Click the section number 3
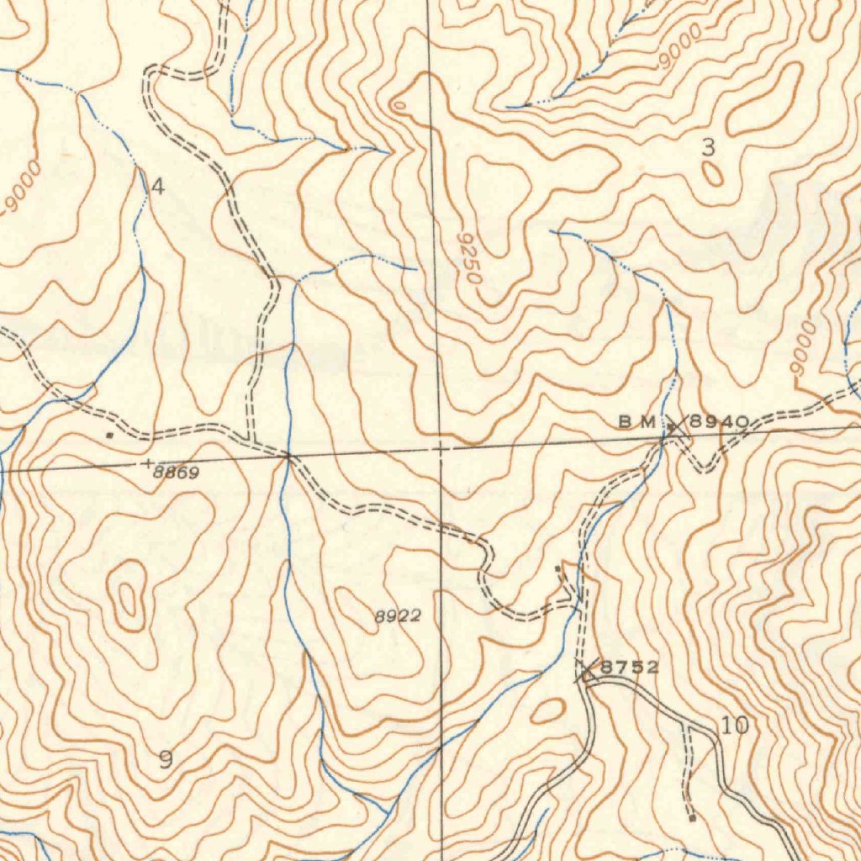(x=708, y=147)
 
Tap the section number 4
(x=157, y=186)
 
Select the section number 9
(x=166, y=760)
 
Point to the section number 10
(x=734, y=725)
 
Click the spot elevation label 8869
(x=177, y=473)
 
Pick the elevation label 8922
(x=397, y=616)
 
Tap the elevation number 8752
(x=630, y=668)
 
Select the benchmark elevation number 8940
(x=719, y=422)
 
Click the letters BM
(x=637, y=422)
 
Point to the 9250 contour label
(x=470, y=258)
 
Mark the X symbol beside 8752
(x=587, y=671)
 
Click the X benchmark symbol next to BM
(x=675, y=426)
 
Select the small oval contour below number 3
(x=712, y=173)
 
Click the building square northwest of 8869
(x=109, y=435)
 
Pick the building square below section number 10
(x=691, y=817)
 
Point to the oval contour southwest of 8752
(x=547, y=710)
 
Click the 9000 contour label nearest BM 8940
(x=801, y=348)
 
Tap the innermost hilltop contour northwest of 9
(x=127, y=600)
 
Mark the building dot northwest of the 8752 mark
(x=557, y=569)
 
